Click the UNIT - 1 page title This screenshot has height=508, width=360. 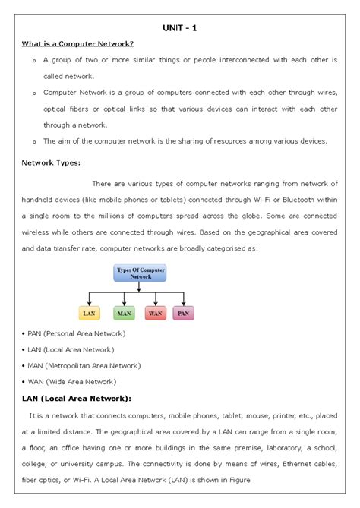click(x=180, y=28)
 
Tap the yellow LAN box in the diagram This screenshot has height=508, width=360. click(x=90, y=312)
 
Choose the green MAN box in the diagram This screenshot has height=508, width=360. click(x=124, y=312)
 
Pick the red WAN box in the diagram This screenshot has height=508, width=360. click(x=155, y=312)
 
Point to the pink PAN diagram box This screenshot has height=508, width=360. click(x=183, y=312)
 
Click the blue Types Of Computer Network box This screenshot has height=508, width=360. click(x=140, y=273)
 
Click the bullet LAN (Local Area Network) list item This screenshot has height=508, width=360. click(x=68, y=349)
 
